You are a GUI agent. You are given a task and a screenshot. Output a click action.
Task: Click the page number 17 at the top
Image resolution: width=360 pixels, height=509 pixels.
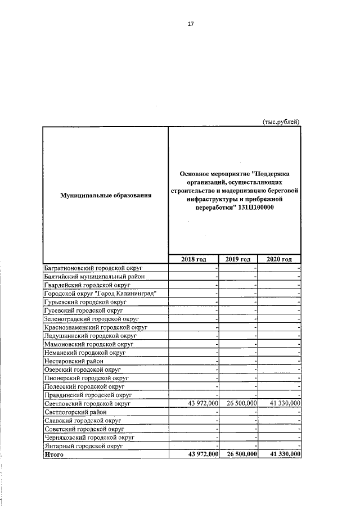(191, 24)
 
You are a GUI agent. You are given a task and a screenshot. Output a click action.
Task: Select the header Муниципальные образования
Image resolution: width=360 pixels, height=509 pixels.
(106, 195)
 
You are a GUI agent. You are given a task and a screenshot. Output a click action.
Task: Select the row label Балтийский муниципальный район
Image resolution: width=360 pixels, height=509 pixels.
(94, 276)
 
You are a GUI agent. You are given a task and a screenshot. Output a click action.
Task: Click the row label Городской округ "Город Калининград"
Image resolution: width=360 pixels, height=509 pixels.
(100, 293)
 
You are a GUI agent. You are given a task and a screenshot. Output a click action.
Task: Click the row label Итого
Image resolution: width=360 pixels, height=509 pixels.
(55, 454)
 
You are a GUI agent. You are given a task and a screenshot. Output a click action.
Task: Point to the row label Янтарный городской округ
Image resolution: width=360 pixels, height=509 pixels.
(83, 445)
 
